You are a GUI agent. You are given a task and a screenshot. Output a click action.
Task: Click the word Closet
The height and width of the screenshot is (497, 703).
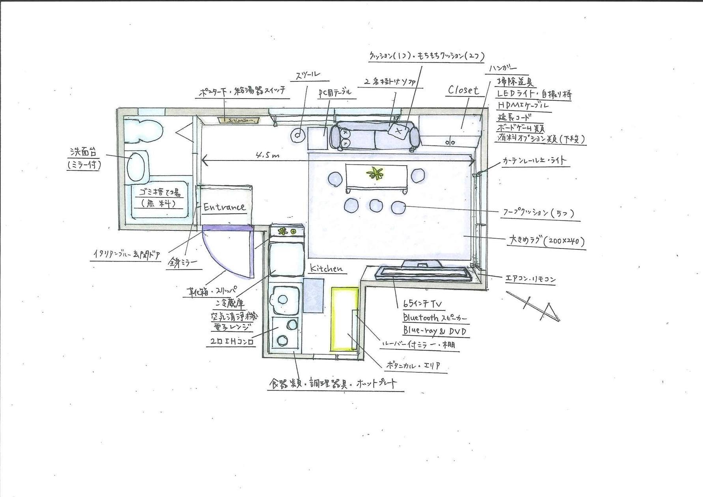point(464,90)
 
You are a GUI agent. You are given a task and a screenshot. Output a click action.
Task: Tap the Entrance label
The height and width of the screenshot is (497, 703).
point(224,207)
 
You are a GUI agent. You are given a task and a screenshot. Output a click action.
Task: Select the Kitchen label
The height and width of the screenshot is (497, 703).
point(326,268)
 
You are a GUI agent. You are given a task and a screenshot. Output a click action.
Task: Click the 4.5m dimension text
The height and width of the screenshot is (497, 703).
point(267,155)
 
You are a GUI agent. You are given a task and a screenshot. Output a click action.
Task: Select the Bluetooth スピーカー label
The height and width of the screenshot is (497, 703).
point(435,318)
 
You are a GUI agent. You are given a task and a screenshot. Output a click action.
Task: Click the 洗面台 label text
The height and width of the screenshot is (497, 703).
point(83,152)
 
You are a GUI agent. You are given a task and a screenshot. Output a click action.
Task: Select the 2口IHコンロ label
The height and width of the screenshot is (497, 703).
point(230,342)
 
